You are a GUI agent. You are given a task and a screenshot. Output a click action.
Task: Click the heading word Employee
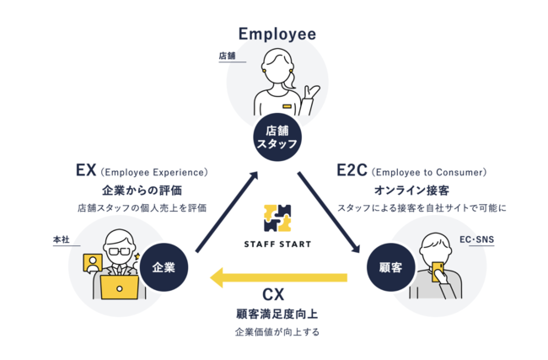tap(277, 35)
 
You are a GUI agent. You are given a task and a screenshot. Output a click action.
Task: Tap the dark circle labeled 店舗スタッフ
tap(277, 137)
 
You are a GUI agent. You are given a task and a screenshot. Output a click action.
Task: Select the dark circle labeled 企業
tap(164, 267)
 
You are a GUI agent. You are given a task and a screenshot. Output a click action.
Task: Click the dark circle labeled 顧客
tap(390, 267)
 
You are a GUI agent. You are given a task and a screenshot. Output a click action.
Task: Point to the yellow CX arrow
tap(278, 278)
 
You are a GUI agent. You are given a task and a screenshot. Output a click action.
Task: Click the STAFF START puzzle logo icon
tap(277, 218)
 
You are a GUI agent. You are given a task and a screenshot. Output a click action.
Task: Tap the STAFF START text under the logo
tap(277, 244)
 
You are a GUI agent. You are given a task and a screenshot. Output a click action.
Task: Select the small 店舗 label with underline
tap(227, 56)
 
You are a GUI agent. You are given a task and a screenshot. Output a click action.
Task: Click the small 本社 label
tap(62, 239)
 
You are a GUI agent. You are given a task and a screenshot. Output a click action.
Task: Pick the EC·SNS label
tap(476, 239)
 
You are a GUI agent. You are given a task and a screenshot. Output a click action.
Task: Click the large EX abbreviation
tap(86, 170)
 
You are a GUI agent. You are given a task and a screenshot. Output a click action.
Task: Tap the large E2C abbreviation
tap(352, 170)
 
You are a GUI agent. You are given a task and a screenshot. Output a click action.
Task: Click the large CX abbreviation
tap(273, 294)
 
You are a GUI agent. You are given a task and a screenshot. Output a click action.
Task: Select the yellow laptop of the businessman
tap(120, 287)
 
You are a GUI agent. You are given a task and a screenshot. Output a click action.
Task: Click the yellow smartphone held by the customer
tap(438, 271)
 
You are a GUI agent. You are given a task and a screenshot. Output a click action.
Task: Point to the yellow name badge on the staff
tap(287, 106)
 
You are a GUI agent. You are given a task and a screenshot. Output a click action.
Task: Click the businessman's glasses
tap(120, 251)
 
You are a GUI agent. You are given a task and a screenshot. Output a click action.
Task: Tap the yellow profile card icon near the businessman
tap(93, 263)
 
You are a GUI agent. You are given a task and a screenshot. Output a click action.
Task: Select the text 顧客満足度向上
tap(277, 314)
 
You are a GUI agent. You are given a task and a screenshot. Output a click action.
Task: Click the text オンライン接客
tap(411, 191)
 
